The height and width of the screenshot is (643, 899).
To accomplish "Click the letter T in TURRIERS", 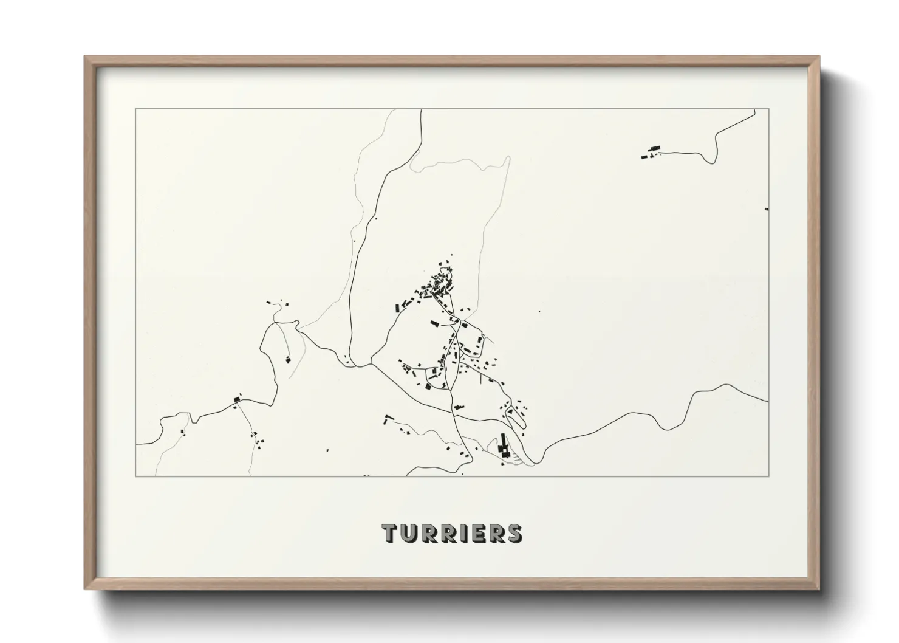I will [389, 533].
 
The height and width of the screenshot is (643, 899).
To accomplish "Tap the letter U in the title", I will [408, 533].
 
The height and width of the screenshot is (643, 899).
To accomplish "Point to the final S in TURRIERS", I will [514, 533].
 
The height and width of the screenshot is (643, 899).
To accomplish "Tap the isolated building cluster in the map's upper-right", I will [651, 152].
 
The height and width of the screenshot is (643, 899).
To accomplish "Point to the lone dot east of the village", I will [539, 312].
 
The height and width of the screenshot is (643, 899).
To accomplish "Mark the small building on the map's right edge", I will [767, 209].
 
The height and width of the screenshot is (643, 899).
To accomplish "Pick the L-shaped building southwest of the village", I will [385, 419].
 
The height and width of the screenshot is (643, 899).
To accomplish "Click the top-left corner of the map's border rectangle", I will [136, 109].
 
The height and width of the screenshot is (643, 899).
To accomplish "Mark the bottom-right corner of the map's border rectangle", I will [769, 476].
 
